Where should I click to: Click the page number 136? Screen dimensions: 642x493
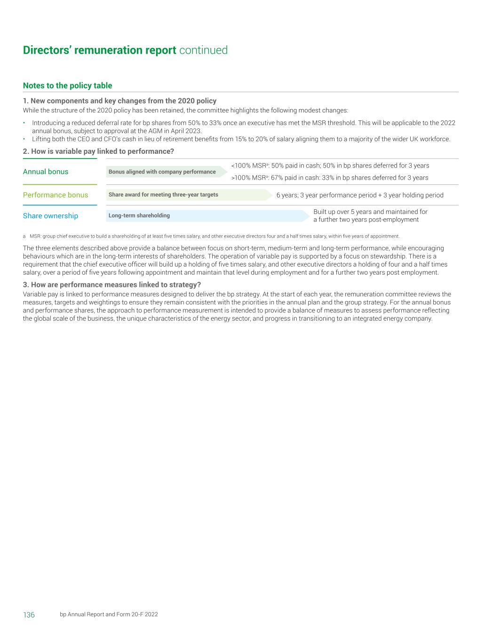click(x=29, y=615)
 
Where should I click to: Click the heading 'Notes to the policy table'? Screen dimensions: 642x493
click(x=67, y=86)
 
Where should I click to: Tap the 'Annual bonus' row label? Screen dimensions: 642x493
click(x=46, y=172)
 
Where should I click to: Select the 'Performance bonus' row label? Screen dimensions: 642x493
click(x=56, y=195)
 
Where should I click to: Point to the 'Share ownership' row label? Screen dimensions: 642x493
click(x=50, y=216)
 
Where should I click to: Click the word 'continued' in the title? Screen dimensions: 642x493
click(x=203, y=50)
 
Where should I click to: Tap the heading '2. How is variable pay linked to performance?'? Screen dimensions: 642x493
click(x=98, y=151)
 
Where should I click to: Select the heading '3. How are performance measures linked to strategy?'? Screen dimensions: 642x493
click(x=112, y=285)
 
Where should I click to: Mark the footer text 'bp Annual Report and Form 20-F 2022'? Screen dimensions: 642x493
click(x=109, y=614)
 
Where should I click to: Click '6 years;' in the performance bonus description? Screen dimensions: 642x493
click(x=287, y=195)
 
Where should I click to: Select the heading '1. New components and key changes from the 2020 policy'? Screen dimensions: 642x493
click(x=119, y=101)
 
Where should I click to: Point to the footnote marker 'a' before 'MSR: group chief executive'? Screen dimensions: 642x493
click(x=24, y=236)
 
